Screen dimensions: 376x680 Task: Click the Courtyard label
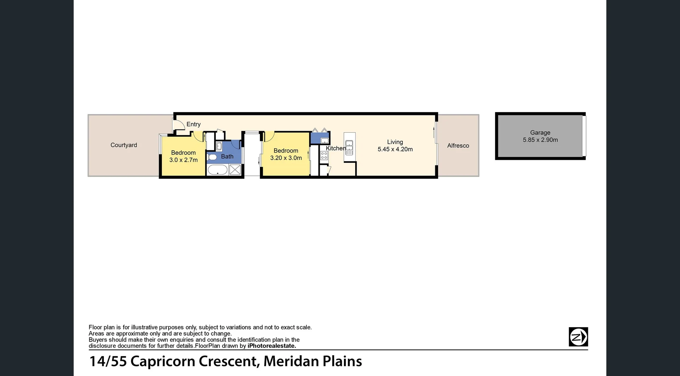coord(124,145)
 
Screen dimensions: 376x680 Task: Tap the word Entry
coord(193,124)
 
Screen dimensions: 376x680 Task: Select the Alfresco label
coord(458,145)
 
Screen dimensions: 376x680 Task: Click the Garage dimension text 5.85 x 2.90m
coord(540,140)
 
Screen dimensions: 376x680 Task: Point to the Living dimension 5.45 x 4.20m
coord(395,149)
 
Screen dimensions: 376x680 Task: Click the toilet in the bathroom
coord(212,157)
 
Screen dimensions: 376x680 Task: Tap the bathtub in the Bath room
coord(217,170)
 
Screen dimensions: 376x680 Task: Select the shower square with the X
coord(235,170)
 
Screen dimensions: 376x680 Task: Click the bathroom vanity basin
coord(219,146)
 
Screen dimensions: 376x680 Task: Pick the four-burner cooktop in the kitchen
coord(324,155)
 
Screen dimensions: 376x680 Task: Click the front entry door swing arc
coord(180,125)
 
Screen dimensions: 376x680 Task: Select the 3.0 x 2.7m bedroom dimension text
coord(183,160)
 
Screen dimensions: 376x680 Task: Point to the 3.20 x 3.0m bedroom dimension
coord(286,158)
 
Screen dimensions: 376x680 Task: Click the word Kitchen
coord(335,148)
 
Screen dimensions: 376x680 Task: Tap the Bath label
coord(227,156)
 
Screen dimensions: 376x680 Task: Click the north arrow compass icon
coord(578,337)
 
